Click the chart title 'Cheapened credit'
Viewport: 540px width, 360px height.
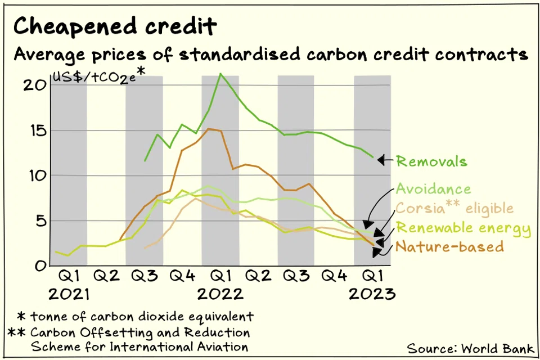click(x=115, y=26)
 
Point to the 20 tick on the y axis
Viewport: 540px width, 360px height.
click(x=34, y=85)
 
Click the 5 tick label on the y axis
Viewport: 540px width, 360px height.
click(x=40, y=221)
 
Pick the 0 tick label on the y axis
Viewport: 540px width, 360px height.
click(x=40, y=266)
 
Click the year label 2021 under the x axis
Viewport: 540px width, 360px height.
click(x=69, y=294)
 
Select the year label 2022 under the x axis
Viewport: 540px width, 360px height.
click(x=220, y=294)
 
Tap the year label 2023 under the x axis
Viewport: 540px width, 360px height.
click(x=372, y=294)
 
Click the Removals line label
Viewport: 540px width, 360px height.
click(x=431, y=161)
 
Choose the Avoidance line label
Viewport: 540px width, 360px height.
click(x=433, y=189)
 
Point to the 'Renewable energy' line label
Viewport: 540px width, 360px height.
click(x=463, y=228)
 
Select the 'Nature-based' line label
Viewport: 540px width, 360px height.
click(x=450, y=247)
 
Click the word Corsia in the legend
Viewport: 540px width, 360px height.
click(x=420, y=208)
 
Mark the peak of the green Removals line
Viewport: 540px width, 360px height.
click(x=220, y=73)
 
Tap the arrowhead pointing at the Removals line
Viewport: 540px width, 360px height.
click(x=381, y=160)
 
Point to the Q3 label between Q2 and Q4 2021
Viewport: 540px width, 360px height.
click(x=145, y=276)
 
